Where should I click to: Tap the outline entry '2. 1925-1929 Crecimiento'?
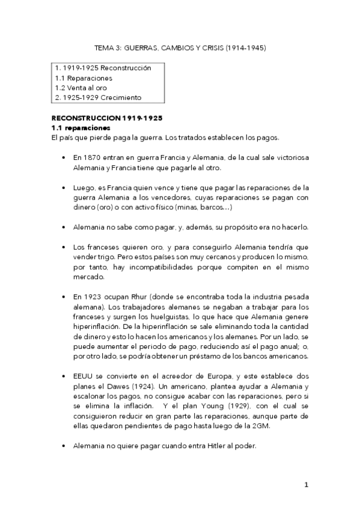pos(99,97)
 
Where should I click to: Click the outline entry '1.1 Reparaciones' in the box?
pos(84,78)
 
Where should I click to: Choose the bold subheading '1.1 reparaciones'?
pos(81,128)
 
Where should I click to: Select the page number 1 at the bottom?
pos(306,485)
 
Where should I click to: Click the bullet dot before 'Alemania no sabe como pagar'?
pos(64,227)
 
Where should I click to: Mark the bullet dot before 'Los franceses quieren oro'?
pos(64,247)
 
